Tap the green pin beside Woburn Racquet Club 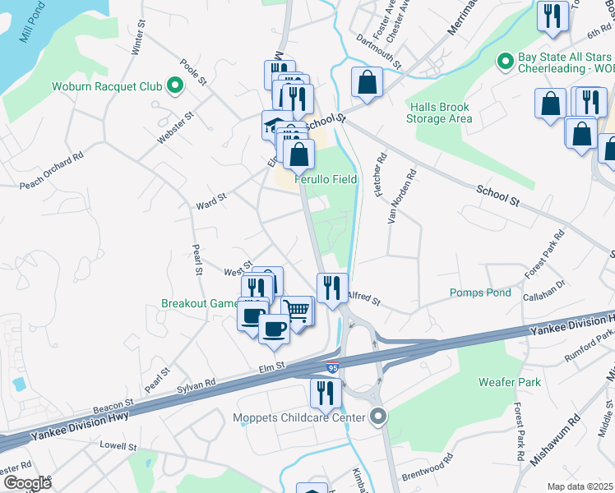pyautogui.click(x=174, y=85)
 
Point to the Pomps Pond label pyautogui.click(x=480, y=293)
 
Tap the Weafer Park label pyautogui.click(x=510, y=382)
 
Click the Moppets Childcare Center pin pyautogui.click(x=377, y=417)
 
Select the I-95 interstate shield pyautogui.click(x=331, y=368)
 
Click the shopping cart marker pyautogui.click(x=298, y=311)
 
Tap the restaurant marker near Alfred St pyautogui.click(x=331, y=288)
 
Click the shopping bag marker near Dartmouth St pyautogui.click(x=367, y=82)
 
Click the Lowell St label pyautogui.click(x=118, y=446)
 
